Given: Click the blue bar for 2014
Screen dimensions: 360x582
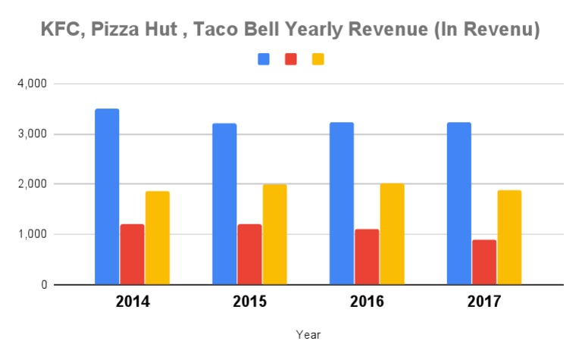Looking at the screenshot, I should [x=107, y=197].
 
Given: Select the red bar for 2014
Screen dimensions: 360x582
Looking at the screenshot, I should [x=132, y=255].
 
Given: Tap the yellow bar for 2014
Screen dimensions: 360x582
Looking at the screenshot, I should [x=158, y=238].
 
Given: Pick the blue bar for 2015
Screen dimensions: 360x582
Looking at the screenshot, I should [x=224, y=204].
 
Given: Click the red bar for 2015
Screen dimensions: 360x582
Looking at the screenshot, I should [x=249, y=255].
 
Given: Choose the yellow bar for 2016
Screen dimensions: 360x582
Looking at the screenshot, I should [x=392, y=234].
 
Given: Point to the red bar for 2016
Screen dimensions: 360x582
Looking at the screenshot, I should [x=367, y=257].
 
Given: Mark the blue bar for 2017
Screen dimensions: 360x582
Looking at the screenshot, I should [x=458, y=204].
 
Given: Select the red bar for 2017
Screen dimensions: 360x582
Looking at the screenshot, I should [x=484, y=262].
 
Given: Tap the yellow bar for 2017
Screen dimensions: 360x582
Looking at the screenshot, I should [x=509, y=237].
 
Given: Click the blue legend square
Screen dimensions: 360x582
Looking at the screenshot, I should [x=264, y=59].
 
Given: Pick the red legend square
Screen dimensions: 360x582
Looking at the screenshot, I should [x=291, y=59].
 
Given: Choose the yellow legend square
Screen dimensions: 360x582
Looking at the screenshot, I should [x=318, y=59].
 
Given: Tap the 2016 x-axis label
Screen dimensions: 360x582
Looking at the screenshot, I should [x=367, y=302].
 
